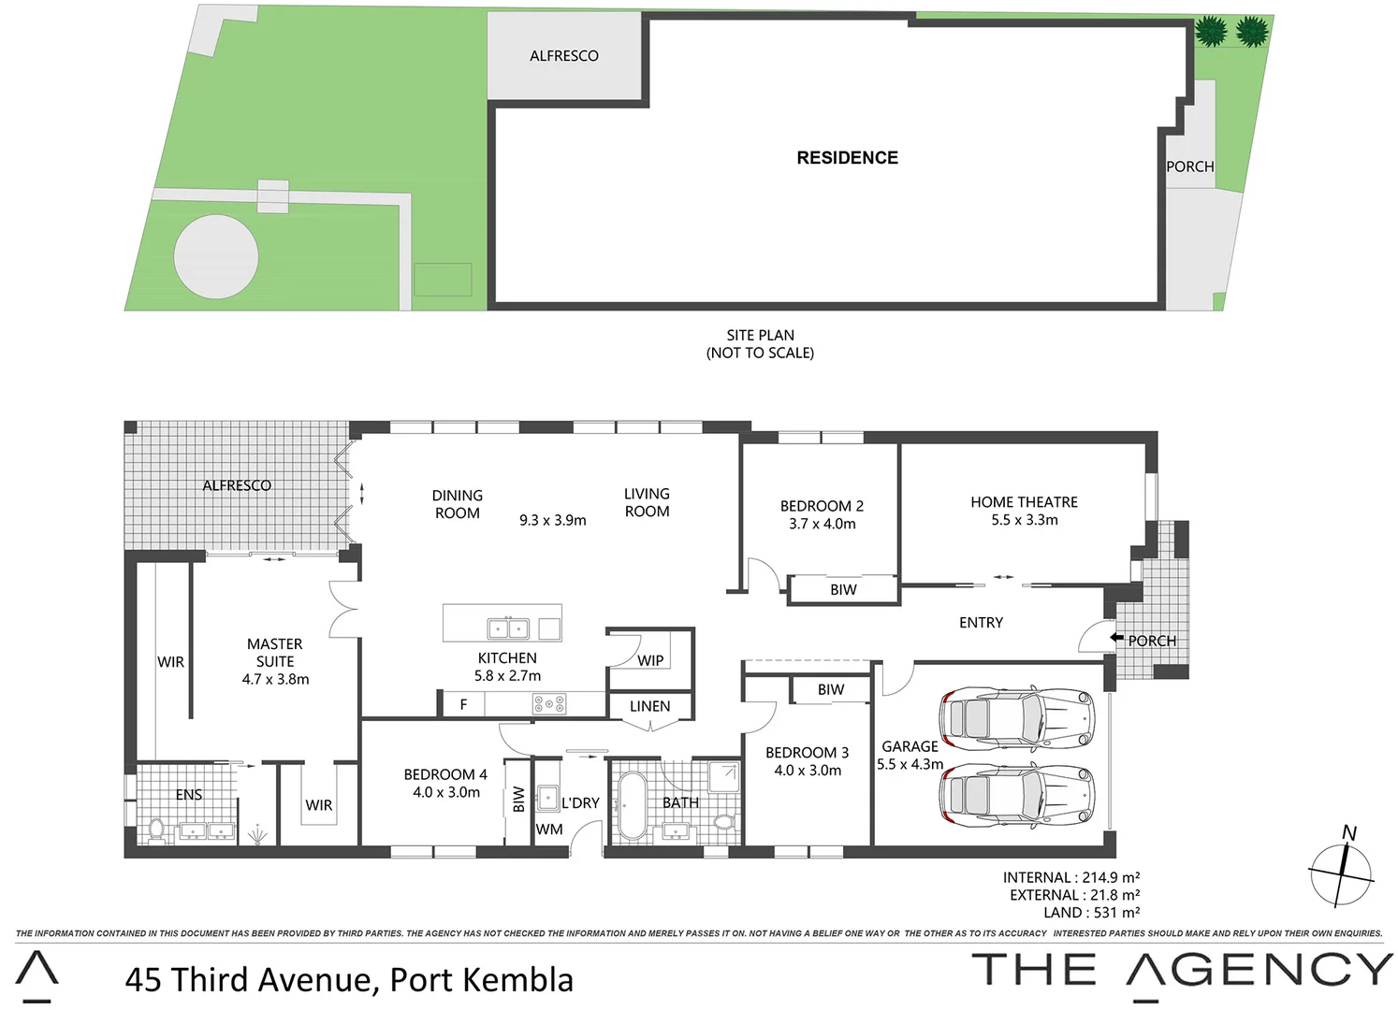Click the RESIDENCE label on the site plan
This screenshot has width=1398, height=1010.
click(x=847, y=158)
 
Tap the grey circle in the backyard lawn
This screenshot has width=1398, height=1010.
click(x=216, y=257)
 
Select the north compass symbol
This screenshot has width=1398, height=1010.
click(x=1342, y=872)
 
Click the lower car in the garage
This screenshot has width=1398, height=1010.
click(x=1017, y=796)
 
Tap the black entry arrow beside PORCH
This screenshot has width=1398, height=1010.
click(x=1116, y=638)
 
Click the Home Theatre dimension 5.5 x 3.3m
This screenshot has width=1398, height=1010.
click(x=1025, y=520)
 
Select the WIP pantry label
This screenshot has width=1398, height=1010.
click(x=650, y=660)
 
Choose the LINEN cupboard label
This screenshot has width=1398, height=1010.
click(x=649, y=706)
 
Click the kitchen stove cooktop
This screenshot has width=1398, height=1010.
click(x=548, y=703)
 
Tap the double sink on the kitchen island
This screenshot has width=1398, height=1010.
click(x=508, y=628)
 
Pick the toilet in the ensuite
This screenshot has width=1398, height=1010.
click(x=156, y=829)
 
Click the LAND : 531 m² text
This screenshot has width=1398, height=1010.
click(x=1091, y=913)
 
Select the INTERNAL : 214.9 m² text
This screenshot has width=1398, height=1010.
click(x=1070, y=877)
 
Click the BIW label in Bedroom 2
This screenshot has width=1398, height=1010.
click(x=843, y=589)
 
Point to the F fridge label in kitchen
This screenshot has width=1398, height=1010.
click(x=463, y=705)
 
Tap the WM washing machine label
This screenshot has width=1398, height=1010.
click(x=549, y=830)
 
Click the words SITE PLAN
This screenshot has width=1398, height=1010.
click(x=760, y=335)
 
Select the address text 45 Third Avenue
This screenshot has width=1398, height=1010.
click(x=251, y=979)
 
